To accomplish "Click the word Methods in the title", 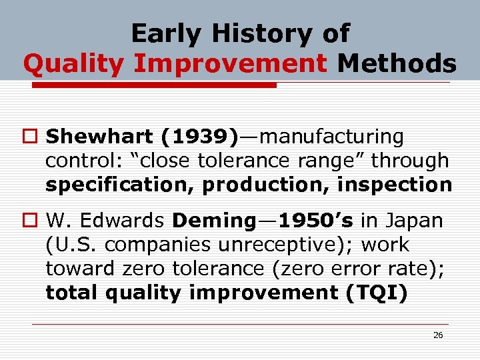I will point(397,64).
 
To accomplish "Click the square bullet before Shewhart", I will point(33,137).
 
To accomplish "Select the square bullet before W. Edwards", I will point(33,221).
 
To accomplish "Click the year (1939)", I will point(199,137).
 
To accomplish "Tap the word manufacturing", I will point(330,137).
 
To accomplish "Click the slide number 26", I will point(438,335).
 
